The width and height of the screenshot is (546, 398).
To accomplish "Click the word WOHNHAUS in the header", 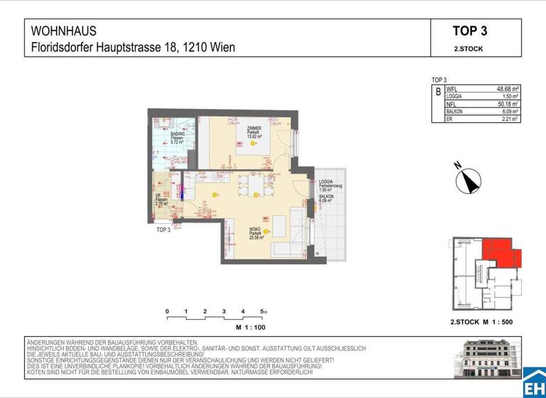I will pos(64,31).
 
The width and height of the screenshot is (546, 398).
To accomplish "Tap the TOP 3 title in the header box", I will pos(469,31).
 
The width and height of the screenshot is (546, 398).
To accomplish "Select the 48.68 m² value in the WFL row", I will pos(508,90).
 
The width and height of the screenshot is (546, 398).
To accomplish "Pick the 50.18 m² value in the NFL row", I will pos(508,104).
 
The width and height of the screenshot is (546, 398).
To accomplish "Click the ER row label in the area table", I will pos(449,119).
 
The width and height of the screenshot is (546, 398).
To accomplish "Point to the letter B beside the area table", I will pos(437,92).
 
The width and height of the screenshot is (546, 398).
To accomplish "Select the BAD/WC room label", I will pos(178,134).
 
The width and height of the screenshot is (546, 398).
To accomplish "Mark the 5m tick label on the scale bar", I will pos(264,312).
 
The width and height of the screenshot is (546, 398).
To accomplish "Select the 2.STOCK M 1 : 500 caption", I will pos(481,322).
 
